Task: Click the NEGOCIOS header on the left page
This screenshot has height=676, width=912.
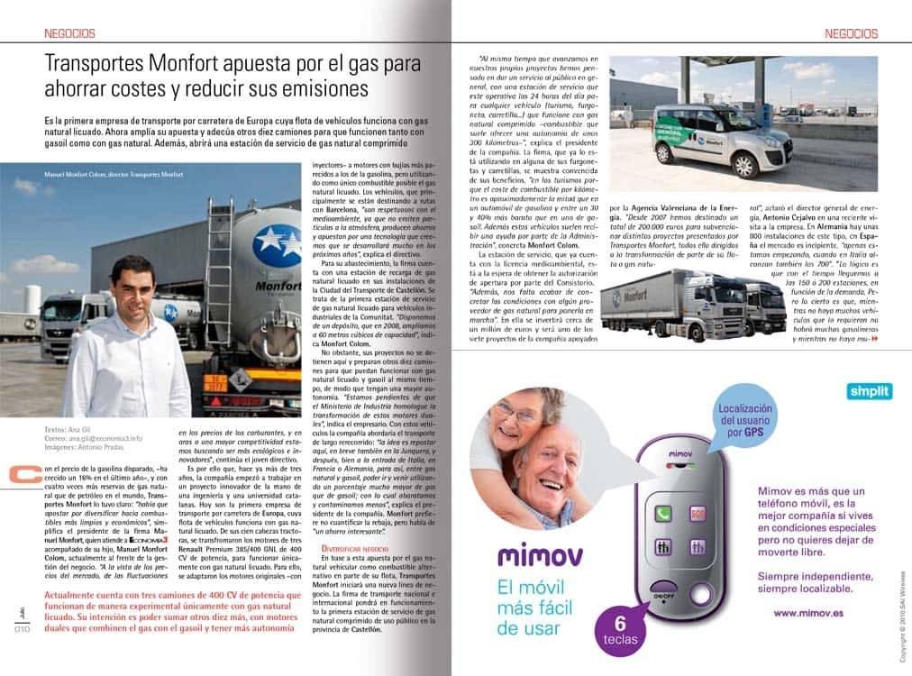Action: point(69,33)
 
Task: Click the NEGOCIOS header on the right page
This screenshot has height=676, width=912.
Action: point(851,33)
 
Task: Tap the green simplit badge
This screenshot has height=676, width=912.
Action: point(870,391)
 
